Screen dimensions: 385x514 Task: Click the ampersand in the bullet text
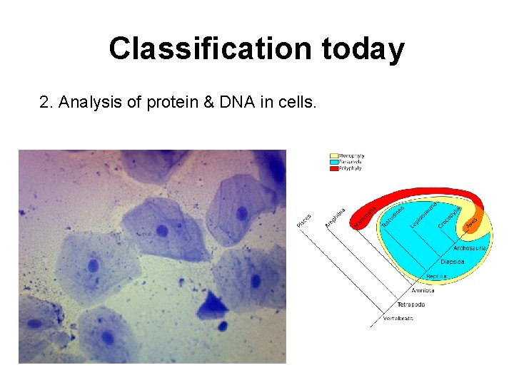point(208,103)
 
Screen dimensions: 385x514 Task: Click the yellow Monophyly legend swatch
point(334,155)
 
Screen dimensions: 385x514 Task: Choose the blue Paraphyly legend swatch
point(334,162)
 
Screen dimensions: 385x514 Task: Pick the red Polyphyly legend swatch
point(334,168)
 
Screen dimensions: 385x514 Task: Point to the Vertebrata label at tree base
point(398,318)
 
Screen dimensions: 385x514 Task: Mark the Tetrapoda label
point(410,304)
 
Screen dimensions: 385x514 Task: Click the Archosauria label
point(470,249)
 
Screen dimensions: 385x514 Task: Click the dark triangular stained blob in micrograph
point(213,306)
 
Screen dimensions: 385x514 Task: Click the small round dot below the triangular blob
point(222,327)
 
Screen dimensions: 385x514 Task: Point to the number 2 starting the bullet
point(44,103)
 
